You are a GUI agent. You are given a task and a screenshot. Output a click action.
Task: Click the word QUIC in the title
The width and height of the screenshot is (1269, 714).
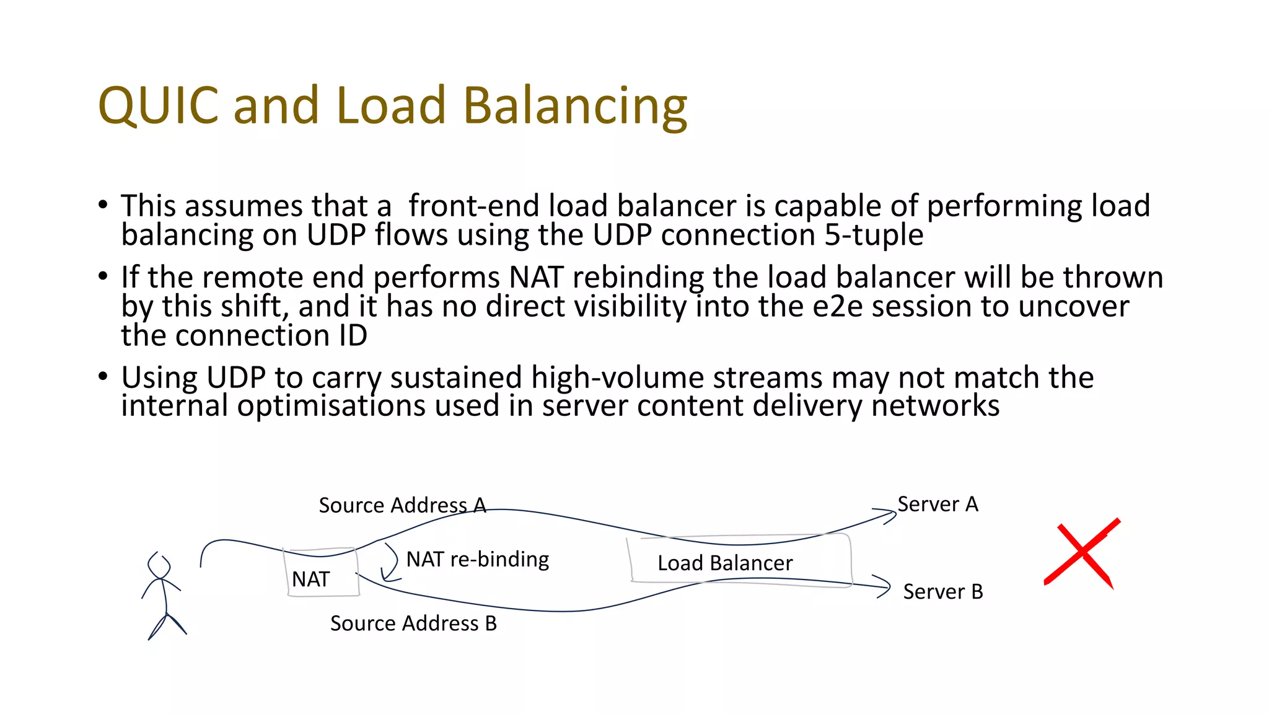pos(159,105)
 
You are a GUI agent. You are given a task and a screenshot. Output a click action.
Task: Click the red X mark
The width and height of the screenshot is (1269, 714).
pos(1082,552)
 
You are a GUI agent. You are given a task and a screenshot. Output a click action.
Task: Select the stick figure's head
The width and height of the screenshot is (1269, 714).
pos(160,566)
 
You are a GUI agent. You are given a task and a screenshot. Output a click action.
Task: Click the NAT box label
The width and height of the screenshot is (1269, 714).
pos(310,580)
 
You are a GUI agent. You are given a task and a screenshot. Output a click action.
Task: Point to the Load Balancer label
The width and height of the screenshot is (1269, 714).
pos(725,563)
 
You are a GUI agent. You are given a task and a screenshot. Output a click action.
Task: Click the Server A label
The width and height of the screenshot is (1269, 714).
pos(937,505)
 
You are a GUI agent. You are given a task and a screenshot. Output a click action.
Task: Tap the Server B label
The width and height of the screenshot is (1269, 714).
pos(942,592)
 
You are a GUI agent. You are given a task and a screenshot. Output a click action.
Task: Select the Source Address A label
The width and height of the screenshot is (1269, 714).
pos(402,506)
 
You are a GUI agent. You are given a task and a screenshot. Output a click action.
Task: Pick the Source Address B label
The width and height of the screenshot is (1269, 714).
pos(413,624)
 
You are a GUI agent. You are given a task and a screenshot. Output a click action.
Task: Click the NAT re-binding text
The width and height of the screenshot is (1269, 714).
pos(478,560)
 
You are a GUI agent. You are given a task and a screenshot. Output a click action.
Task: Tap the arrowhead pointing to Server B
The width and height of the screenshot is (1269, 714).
pos(884,586)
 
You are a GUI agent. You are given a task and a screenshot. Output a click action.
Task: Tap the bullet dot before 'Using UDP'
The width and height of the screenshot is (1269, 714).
pos(103,376)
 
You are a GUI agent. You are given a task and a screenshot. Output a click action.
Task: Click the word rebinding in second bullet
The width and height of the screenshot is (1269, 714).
pos(638,278)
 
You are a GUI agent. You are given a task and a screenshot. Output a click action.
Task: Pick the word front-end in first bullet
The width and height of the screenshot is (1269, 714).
pos(474,206)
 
